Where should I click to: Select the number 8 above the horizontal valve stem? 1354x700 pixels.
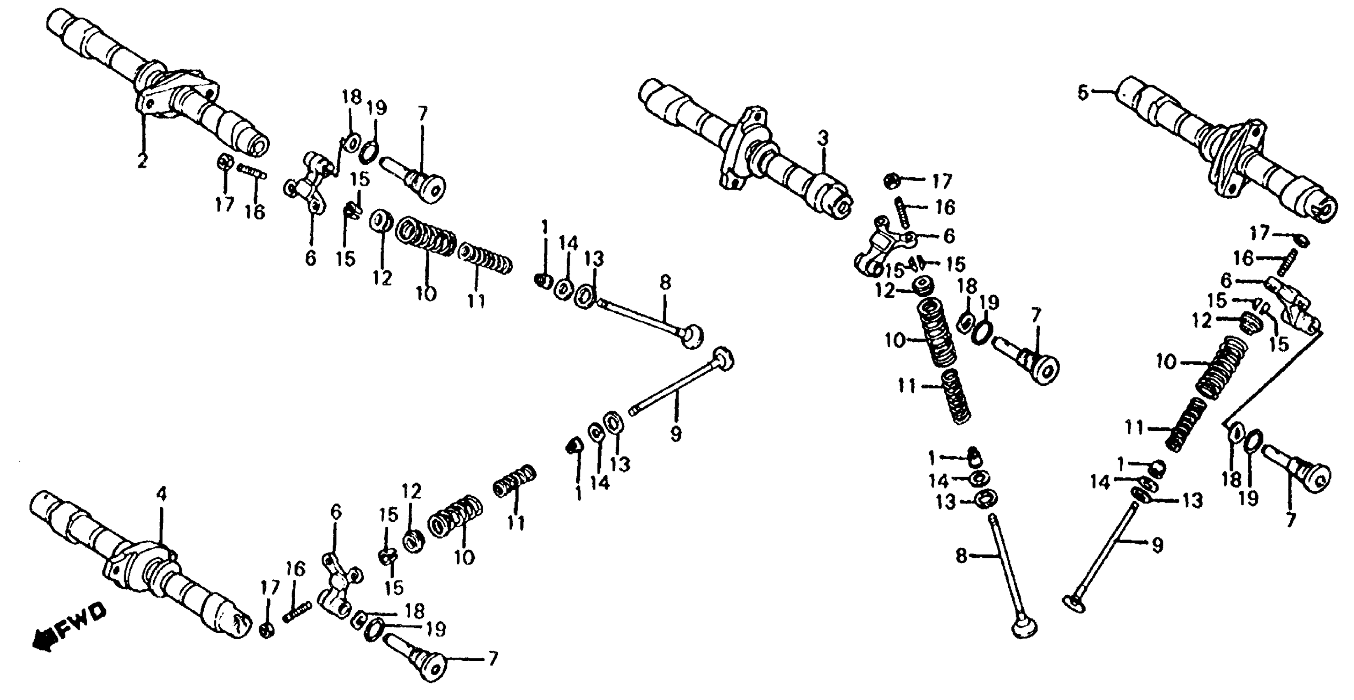(x=665, y=283)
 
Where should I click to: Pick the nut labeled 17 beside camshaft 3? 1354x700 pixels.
(x=892, y=180)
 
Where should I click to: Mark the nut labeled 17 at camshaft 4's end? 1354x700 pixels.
(x=267, y=631)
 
